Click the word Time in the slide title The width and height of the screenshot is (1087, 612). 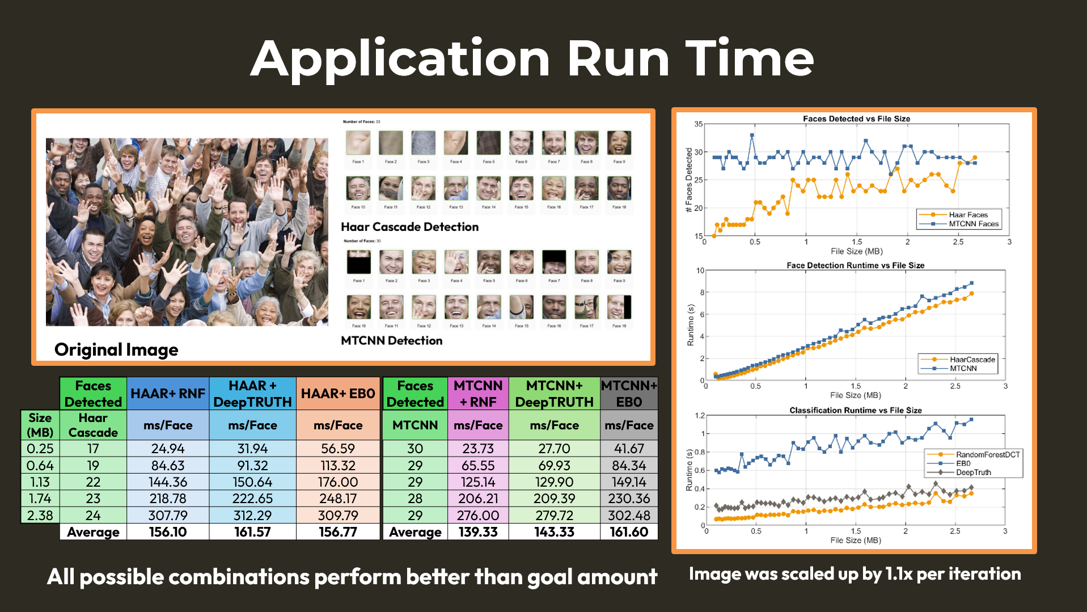(750, 58)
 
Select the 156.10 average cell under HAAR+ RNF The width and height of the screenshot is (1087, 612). (168, 532)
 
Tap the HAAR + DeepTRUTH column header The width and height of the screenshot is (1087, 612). (252, 394)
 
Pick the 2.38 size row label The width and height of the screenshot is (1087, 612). (40, 516)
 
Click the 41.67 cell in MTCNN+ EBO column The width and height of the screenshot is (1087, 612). (629, 449)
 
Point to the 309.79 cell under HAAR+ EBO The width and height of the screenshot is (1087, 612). (338, 516)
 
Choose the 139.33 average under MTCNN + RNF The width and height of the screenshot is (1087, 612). (478, 532)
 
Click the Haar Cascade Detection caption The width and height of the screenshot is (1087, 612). (409, 227)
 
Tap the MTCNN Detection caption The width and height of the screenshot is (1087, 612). (391, 340)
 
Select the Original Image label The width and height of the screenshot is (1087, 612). (116, 349)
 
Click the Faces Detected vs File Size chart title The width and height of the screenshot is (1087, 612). (856, 119)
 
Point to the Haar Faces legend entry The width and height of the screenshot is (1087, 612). (968, 215)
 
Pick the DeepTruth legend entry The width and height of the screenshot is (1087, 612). (973, 472)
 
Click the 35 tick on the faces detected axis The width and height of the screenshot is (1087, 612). (699, 124)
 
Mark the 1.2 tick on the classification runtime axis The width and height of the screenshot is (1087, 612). (700, 416)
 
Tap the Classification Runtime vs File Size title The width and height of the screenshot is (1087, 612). (855, 410)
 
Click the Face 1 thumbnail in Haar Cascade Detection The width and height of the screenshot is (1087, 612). (358, 143)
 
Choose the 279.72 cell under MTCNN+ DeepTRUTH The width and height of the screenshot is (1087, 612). (554, 516)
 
